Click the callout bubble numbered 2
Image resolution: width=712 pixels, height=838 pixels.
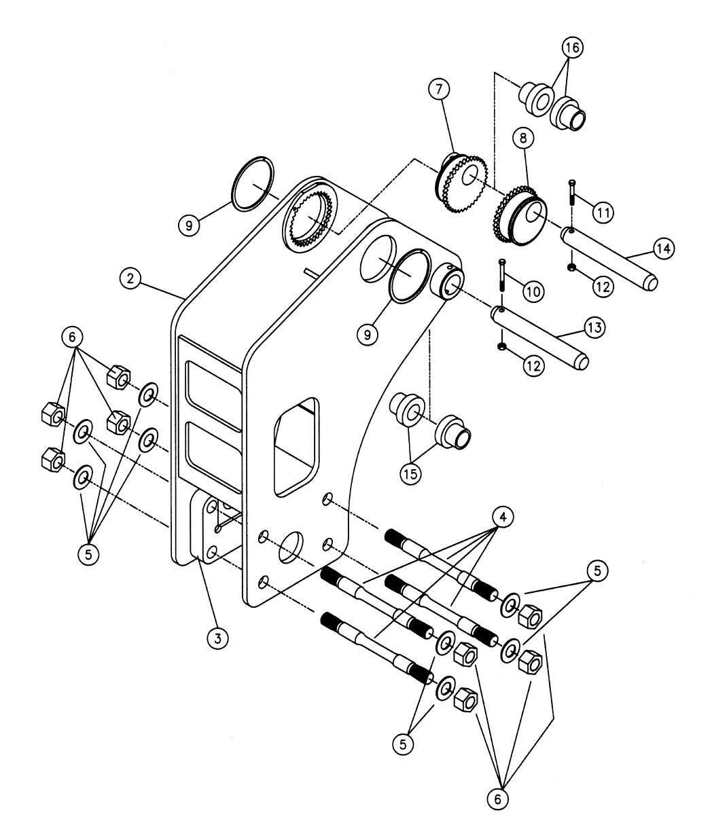130,278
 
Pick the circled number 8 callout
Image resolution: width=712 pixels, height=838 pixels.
524,139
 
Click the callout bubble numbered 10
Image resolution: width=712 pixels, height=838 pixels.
532,291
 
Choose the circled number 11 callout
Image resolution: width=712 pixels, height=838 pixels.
602,212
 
